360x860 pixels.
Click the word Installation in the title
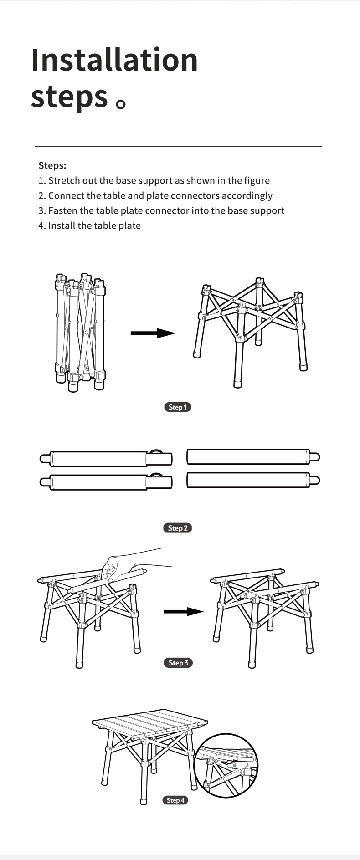coord(114,60)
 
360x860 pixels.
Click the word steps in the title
coord(69,97)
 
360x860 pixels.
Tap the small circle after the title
coord(121,104)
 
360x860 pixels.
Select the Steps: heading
coord(52,165)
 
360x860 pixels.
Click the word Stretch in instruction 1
coord(64,180)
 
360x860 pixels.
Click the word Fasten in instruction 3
coord(63,210)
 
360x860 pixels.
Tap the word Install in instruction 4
coord(61,225)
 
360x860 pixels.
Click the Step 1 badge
coord(178,407)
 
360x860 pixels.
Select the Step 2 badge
coord(178,528)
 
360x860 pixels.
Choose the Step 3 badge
coord(178,663)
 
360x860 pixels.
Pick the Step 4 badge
coord(175,800)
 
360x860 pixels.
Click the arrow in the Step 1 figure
coord(153,333)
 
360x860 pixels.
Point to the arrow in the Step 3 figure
coord(184,611)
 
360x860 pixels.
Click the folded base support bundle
coord(80,332)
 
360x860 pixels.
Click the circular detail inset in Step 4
coord(226,766)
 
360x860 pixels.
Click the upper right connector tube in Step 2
coord(253,457)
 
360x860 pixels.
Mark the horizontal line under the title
coord(178,147)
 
